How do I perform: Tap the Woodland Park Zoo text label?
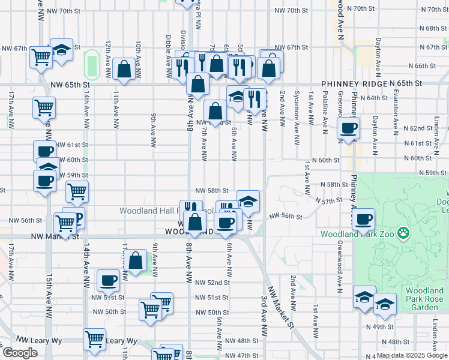pyautogui.click(x=357, y=234)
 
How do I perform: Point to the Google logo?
pyautogui.click(x=20, y=353)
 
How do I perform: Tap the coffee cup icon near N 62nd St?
pyautogui.click(x=348, y=127)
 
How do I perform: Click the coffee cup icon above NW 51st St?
pyautogui.click(x=109, y=280)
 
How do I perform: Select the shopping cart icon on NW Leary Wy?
pyautogui.click(x=95, y=339)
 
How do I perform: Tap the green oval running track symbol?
pyautogui.click(x=91, y=64)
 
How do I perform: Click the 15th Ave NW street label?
pyautogui.click(x=48, y=297)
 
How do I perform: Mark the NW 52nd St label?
pyautogui.click(x=211, y=282)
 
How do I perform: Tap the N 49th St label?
pyautogui.click(x=379, y=326)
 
